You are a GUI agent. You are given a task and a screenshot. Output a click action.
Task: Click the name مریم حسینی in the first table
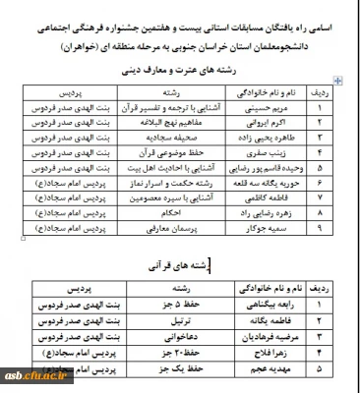tap(284, 114)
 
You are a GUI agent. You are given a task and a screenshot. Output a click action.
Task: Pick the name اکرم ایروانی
tap(284, 128)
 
